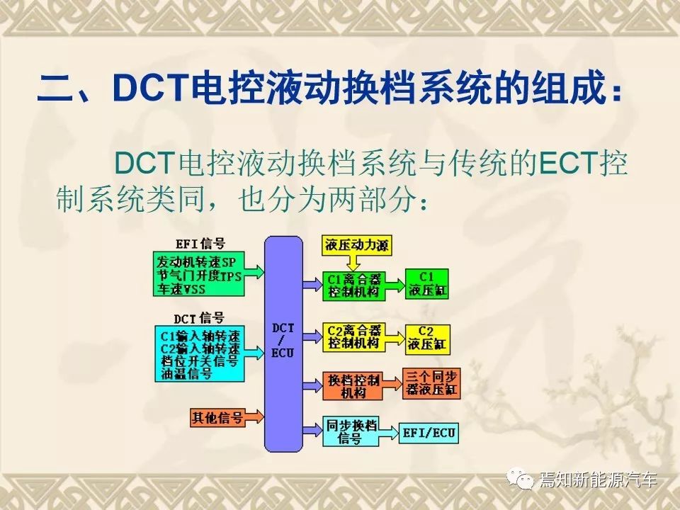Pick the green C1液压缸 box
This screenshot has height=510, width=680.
427,283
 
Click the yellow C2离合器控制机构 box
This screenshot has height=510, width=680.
353,336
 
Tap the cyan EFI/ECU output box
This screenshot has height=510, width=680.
431,431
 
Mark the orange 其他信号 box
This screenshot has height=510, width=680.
217,417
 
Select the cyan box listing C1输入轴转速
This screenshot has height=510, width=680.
198,352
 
